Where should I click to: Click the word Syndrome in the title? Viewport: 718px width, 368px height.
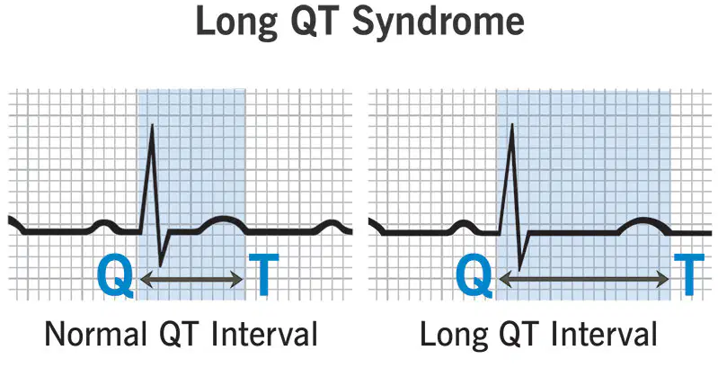pos(439,22)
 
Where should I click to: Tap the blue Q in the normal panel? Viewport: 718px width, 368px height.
pos(115,276)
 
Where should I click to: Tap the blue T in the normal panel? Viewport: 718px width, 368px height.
pos(263,274)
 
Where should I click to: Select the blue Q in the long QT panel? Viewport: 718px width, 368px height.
pos(474,276)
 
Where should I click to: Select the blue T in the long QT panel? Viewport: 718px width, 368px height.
pos(689,274)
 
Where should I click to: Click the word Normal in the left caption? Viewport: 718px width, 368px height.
pos(94,334)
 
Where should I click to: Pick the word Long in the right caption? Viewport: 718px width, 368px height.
pos(452,334)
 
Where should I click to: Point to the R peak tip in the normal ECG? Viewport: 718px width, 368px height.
pos(152,125)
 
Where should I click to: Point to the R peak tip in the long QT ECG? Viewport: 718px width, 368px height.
pos(511,125)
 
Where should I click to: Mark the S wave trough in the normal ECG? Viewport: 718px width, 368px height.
pos(160,265)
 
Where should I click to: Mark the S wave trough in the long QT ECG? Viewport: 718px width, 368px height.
pos(519,269)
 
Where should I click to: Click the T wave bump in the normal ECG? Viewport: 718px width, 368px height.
pos(223,219)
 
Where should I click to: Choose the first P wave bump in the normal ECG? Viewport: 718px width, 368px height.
pos(104,223)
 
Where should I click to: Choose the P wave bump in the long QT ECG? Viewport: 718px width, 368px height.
pos(464,223)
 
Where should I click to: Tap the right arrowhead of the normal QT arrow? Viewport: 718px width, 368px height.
pos(237,279)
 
